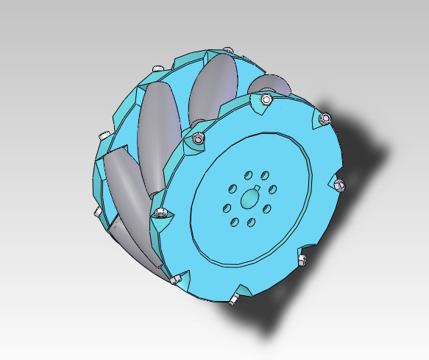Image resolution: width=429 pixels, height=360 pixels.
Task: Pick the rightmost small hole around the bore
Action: point(272,189)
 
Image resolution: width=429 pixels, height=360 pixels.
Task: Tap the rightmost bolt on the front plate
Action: point(339,184)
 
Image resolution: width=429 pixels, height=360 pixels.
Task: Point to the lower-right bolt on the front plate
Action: point(300,259)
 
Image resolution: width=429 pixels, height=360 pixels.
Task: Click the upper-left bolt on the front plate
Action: point(196,137)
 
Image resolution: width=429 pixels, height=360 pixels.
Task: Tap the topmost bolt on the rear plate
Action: point(156,68)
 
